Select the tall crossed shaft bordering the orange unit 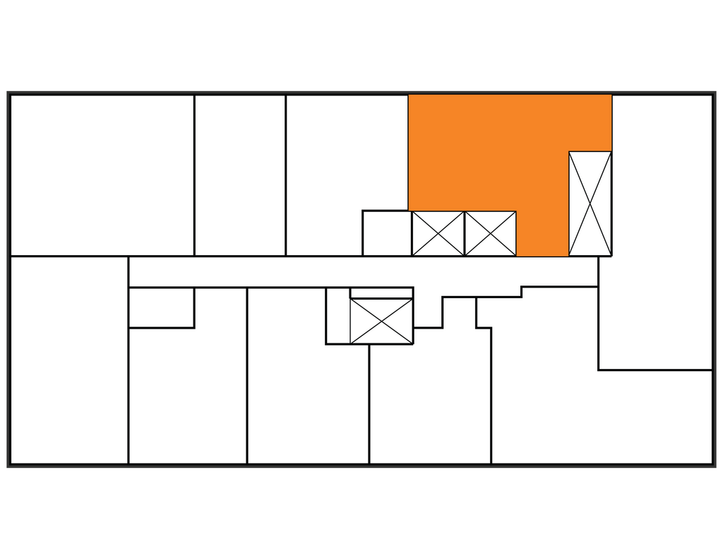(590, 204)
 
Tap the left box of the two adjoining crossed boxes (438, 233)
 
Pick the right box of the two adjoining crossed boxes (491, 233)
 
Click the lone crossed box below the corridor (381, 321)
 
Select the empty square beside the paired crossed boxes (386, 233)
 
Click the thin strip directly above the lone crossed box (381, 293)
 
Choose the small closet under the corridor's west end (161, 307)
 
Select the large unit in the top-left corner (102, 175)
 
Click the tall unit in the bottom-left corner (68, 360)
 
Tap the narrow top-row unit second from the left (240, 175)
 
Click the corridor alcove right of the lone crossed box (428, 311)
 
